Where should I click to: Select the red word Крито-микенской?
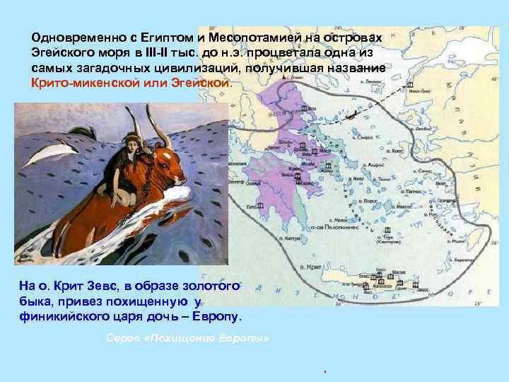pyautogui.click(x=86, y=83)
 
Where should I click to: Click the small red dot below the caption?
pyautogui.click(x=323, y=371)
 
